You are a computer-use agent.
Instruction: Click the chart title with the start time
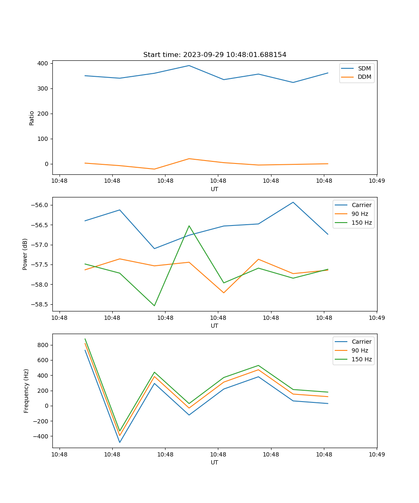tap(215, 55)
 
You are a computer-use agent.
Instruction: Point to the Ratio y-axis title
tap(32, 118)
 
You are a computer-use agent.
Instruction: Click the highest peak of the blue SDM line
tap(189, 65)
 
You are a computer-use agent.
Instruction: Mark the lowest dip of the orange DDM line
tap(154, 169)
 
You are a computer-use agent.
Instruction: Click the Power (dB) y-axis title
tap(25, 254)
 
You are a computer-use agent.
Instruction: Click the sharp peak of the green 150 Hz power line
tap(189, 226)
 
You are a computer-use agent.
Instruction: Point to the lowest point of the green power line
tap(154, 306)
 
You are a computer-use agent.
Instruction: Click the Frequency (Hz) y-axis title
tap(26, 391)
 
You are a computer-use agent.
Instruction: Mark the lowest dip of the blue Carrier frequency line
tap(120, 442)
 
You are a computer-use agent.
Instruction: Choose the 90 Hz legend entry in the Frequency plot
tap(360, 350)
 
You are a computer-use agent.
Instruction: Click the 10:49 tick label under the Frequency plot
tap(377, 454)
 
